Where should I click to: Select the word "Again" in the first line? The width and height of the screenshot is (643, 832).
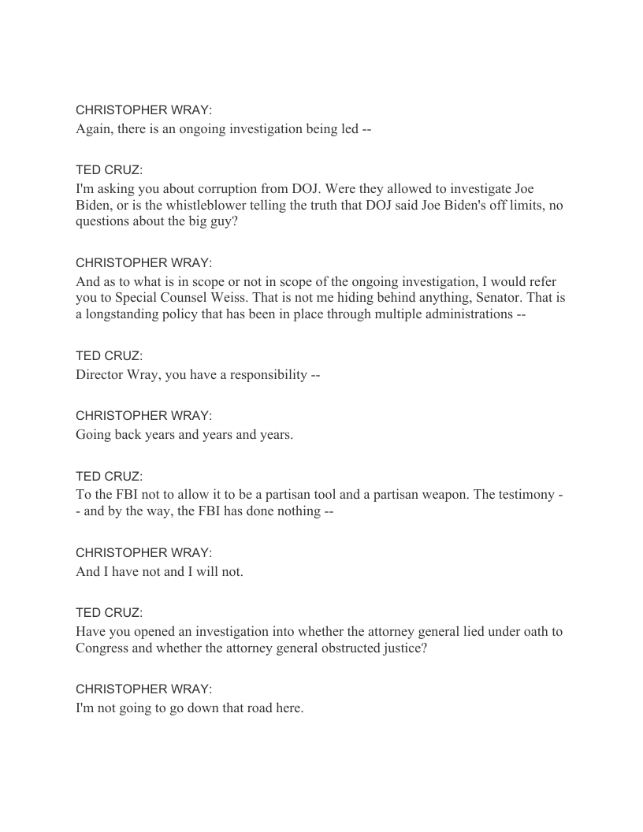(x=93, y=129)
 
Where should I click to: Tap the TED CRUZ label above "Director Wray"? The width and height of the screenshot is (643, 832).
(x=109, y=356)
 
